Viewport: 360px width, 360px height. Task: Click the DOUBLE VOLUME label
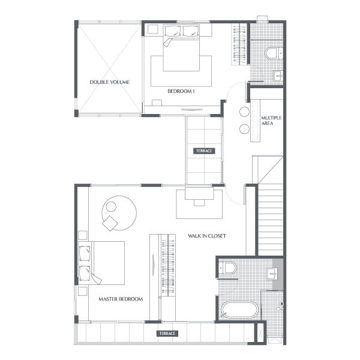click(110, 82)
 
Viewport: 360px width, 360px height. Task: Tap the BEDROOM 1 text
click(181, 91)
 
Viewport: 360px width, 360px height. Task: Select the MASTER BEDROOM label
click(121, 299)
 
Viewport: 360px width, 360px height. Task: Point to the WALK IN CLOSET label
click(207, 236)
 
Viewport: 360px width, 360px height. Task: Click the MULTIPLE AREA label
click(271, 121)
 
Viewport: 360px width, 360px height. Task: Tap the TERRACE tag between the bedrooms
click(204, 151)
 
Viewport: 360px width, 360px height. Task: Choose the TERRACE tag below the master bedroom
click(167, 334)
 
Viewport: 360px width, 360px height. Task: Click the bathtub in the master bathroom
click(239, 310)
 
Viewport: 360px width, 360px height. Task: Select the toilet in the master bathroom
click(227, 268)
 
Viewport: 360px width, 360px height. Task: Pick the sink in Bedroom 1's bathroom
click(278, 76)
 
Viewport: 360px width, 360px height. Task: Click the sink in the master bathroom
click(272, 274)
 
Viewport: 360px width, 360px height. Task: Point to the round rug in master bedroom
click(119, 213)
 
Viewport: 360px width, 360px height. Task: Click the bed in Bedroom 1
click(181, 47)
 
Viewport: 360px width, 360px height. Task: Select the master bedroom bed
click(101, 263)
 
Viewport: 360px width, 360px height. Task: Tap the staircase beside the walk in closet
click(271, 220)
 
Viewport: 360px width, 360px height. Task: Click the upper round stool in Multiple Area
click(244, 112)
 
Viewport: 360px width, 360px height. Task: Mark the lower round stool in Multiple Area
click(244, 129)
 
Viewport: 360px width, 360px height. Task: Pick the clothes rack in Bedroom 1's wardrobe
click(239, 44)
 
